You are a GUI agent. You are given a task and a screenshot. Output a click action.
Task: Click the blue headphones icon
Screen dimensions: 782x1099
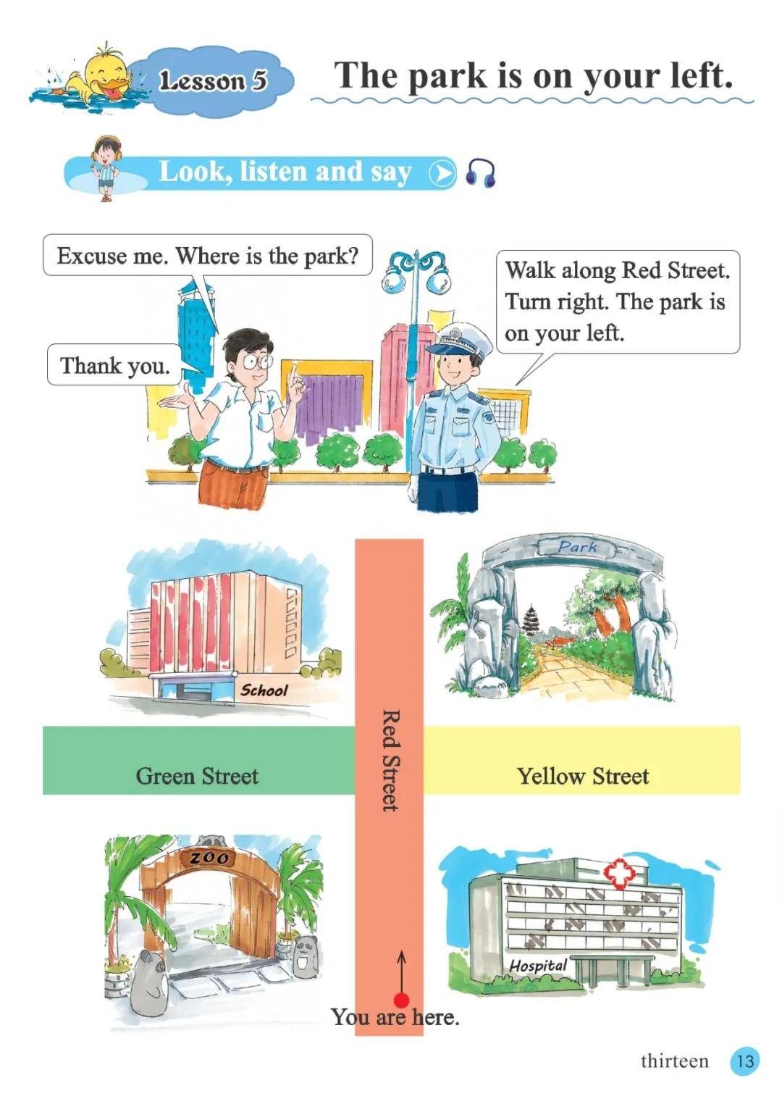point(481,172)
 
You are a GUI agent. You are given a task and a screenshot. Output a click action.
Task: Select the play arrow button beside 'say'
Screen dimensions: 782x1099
point(442,172)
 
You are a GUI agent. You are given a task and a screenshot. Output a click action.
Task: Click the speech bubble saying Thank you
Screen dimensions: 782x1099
point(114,364)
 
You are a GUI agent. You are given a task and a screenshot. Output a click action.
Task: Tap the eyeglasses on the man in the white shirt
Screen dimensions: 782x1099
point(257,362)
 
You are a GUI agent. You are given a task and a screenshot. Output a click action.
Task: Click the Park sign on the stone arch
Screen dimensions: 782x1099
point(577,546)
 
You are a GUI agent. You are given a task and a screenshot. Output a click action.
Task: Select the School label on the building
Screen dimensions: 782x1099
point(264,691)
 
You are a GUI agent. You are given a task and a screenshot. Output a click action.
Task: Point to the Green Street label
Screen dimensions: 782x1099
point(197,776)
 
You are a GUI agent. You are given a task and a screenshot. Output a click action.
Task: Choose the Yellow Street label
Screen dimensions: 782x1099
point(584,776)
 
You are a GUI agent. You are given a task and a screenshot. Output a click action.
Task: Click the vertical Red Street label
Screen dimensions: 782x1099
point(390,759)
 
